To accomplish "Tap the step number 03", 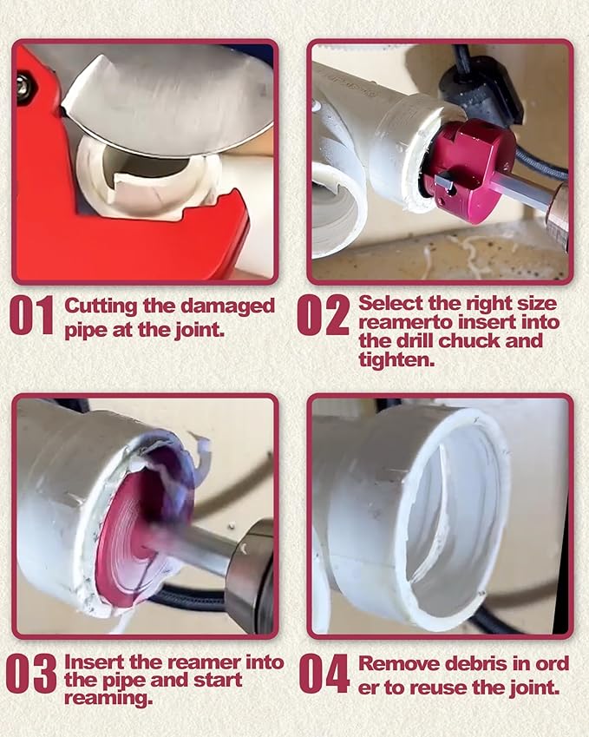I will point(31,674).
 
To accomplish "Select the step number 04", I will point(324,674).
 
